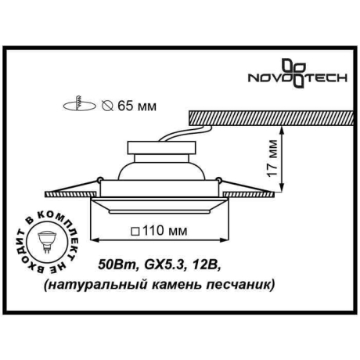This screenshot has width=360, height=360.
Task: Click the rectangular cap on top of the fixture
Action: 149,145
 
